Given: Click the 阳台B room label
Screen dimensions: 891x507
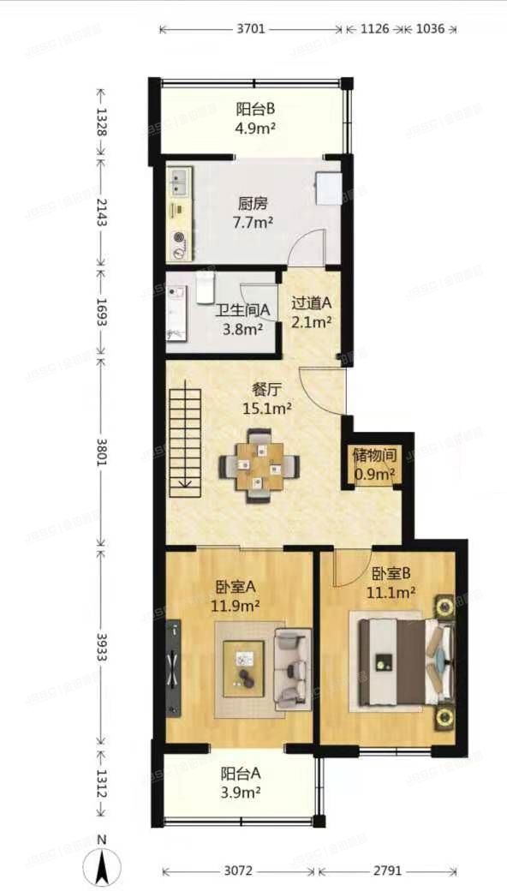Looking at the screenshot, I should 254,110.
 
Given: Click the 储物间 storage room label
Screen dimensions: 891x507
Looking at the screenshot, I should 374,455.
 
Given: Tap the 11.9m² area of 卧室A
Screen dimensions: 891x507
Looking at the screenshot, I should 236,606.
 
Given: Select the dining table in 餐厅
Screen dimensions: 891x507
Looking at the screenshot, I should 259,468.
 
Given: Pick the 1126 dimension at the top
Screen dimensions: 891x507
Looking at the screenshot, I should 375,29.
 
